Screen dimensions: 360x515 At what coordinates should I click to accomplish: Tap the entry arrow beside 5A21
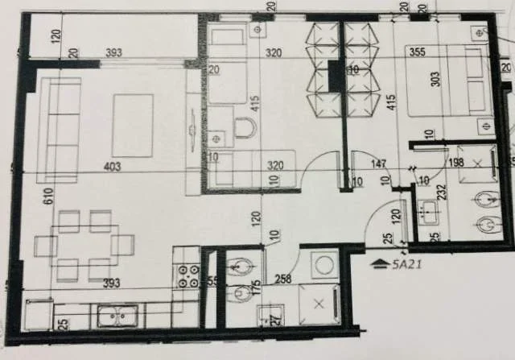click(378, 263)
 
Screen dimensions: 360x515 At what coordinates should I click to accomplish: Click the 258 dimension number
click(282, 279)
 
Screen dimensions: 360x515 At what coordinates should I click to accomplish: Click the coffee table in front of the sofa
click(133, 125)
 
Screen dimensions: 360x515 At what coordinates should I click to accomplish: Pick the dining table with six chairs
click(84, 246)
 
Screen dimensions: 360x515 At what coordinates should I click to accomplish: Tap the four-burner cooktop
click(187, 277)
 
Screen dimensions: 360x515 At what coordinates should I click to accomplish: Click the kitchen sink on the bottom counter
click(118, 315)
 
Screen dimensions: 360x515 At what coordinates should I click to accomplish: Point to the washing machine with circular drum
click(326, 264)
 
